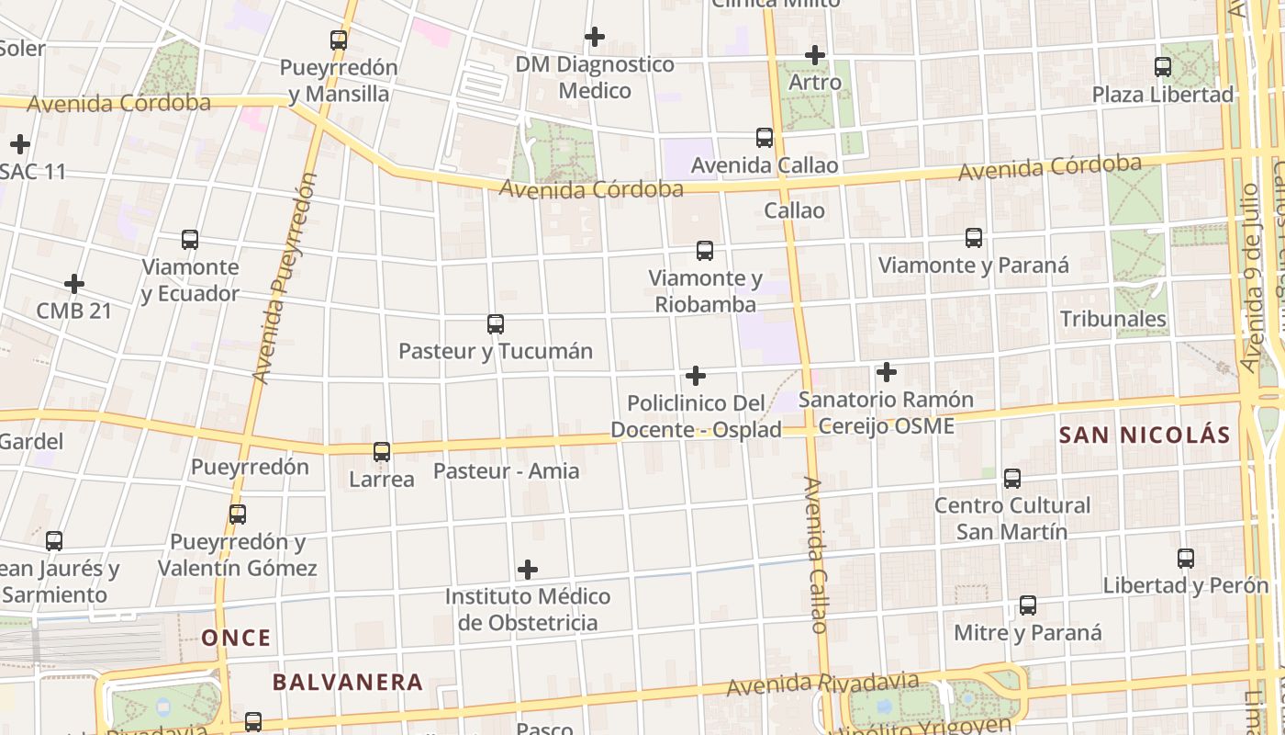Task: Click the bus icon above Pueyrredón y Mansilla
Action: point(339,40)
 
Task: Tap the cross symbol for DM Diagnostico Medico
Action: point(595,37)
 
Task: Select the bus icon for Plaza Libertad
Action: point(1163,67)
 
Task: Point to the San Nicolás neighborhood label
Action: point(1145,435)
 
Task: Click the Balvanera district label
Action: point(348,683)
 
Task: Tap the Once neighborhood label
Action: point(237,638)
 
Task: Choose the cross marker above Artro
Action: point(814,55)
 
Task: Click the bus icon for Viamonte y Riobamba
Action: point(705,251)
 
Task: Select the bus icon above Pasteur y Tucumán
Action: point(496,324)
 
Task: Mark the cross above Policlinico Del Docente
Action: point(696,376)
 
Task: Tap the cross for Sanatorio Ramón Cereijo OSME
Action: point(886,372)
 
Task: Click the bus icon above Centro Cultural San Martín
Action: point(1011,479)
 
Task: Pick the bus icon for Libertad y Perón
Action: point(1186,559)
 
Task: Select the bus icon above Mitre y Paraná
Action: point(1028,605)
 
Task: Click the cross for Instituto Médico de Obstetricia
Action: point(528,570)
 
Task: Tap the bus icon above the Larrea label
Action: point(382,452)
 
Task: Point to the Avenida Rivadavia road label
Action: point(822,684)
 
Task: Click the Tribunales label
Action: point(1113,319)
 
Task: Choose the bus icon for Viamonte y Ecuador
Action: point(190,240)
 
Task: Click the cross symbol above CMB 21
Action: point(74,284)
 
